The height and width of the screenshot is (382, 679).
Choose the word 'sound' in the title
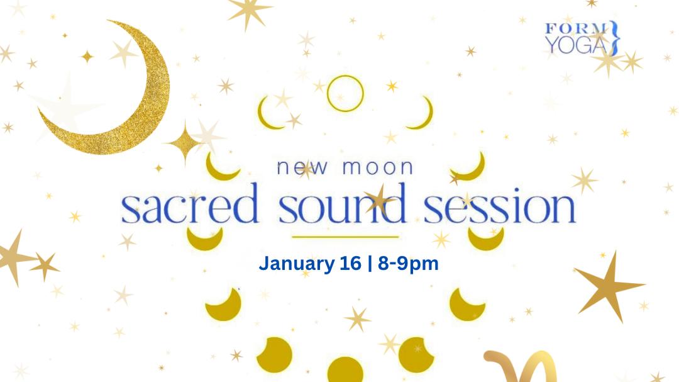click(x=342, y=206)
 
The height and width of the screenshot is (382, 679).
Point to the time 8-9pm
click(x=408, y=263)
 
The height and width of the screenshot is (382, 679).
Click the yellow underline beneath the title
click(x=345, y=237)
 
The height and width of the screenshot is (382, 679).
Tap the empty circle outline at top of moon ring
click(x=345, y=93)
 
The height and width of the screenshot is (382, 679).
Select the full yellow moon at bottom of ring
click(x=345, y=371)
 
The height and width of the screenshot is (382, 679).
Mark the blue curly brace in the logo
click(x=616, y=37)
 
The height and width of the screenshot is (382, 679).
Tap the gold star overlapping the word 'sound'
click(x=380, y=200)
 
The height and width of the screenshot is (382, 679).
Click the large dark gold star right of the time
click(x=607, y=286)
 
